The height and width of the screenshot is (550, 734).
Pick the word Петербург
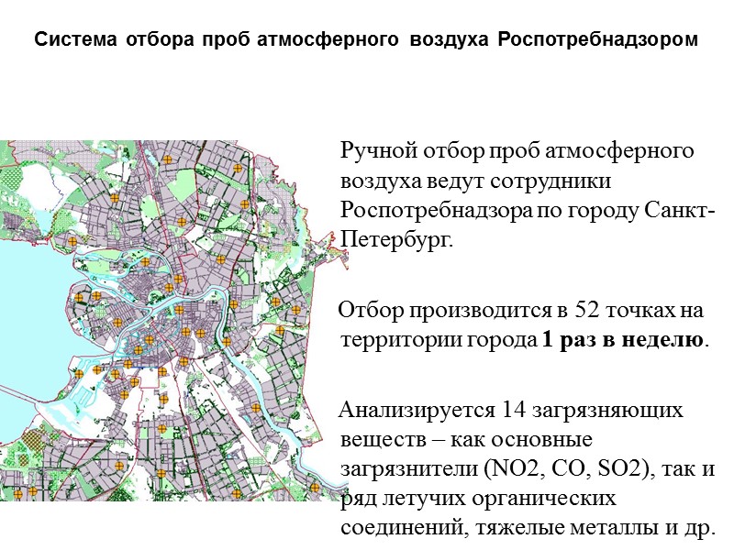point(395,241)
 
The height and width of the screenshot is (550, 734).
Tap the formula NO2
point(495,469)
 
